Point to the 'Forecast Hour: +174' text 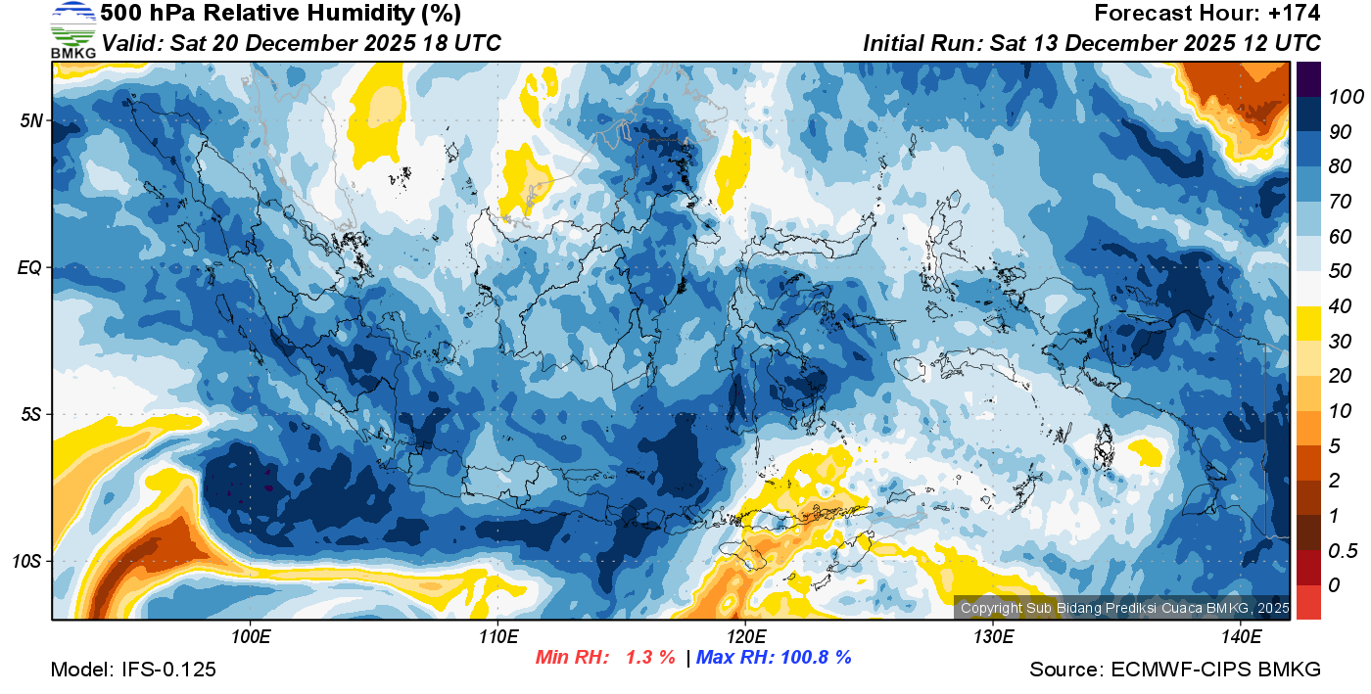pyautogui.click(x=1207, y=14)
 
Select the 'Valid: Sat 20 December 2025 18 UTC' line pyautogui.click(x=302, y=43)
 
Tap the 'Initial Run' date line pyautogui.click(x=1092, y=43)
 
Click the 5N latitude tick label pyautogui.click(x=30, y=120)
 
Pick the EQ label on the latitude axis pyautogui.click(x=30, y=267)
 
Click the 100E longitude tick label pyautogui.click(x=251, y=637)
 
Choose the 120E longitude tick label pyautogui.click(x=745, y=637)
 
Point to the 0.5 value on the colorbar pyautogui.click(x=1340, y=550)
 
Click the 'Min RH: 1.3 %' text pyautogui.click(x=606, y=657)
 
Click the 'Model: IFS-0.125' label pyautogui.click(x=133, y=670)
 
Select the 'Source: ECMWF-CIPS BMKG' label pyautogui.click(x=1175, y=670)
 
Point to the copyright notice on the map pyautogui.click(x=1124, y=608)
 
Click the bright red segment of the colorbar pyautogui.click(x=1308, y=601)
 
